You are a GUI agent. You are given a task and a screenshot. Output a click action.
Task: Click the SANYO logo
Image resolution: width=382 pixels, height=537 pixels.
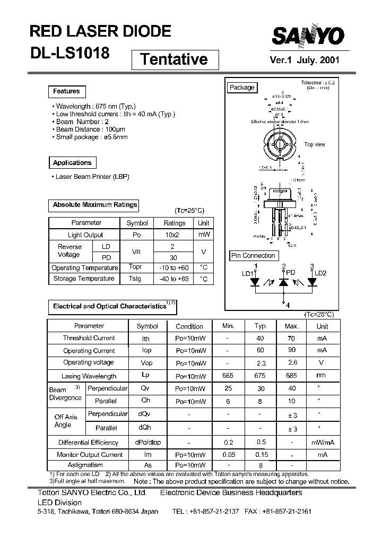click(x=308, y=37)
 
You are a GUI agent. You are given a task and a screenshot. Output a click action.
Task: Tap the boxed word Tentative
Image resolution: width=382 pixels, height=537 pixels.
click(x=174, y=59)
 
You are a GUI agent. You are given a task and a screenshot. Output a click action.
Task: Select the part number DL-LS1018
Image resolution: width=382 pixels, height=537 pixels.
click(x=70, y=53)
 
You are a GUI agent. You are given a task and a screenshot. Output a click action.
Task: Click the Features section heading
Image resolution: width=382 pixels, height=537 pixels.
click(x=66, y=91)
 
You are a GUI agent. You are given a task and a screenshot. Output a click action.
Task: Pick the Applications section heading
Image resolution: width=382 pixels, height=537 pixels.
click(x=72, y=163)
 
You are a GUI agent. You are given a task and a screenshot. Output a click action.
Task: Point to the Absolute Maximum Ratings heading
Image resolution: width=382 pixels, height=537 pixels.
click(x=94, y=204)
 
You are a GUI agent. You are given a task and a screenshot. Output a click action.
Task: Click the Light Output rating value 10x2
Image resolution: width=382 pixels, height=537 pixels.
click(x=174, y=235)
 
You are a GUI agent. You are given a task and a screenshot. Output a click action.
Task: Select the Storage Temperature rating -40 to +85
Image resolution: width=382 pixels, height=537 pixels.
click(x=174, y=279)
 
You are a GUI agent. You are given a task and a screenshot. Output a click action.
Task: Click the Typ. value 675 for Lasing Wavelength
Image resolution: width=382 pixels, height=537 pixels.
click(x=260, y=376)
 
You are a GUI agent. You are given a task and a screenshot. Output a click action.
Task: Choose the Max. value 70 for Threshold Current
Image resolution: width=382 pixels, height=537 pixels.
click(x=291, y=338)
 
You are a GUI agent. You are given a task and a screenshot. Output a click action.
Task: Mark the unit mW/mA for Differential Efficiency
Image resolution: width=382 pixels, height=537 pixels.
click(x=322, y=443)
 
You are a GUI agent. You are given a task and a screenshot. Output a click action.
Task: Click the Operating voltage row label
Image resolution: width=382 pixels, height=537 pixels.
click(x=89, y=363)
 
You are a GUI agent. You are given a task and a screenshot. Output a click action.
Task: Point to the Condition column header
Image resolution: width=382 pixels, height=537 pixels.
click(x=189, y=326)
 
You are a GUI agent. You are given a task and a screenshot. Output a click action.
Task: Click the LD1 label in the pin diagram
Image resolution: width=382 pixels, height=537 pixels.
click(x=247, y=274)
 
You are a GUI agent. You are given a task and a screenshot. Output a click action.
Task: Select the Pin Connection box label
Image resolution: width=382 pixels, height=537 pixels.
click(x=253, y=256)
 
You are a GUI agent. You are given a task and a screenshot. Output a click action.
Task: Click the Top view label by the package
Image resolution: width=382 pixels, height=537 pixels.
click(x=315, y=144)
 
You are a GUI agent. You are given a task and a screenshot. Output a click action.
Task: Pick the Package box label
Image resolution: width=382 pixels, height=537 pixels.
click(x=242, y=88)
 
